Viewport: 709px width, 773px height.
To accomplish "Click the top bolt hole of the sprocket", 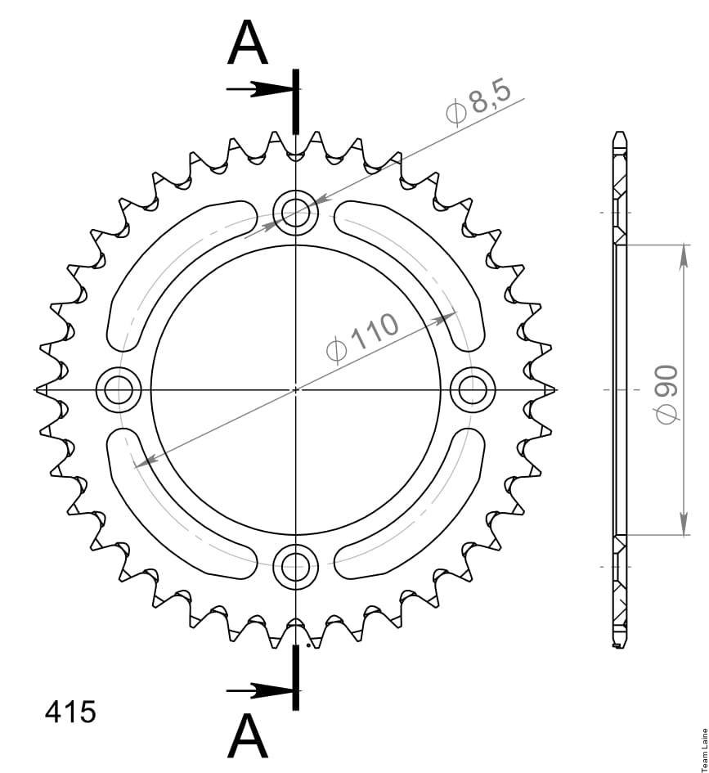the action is pos(295,213).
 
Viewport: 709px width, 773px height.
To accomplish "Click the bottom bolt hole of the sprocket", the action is pos(295,565).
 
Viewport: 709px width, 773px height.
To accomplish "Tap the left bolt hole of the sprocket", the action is pos(119,389).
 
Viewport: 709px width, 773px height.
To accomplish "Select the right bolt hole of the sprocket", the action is pos(473,389).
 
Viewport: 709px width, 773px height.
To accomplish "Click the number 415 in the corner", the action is pos(70,712).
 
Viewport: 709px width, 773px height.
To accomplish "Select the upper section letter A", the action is pos(248,43).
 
